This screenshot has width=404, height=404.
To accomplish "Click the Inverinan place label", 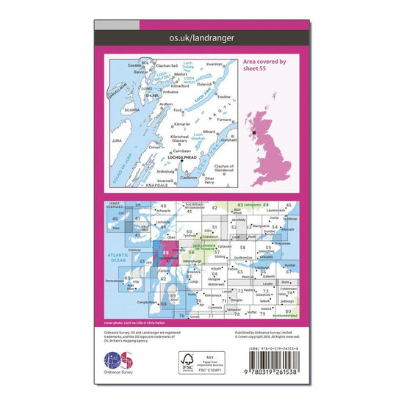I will tap(214, 64).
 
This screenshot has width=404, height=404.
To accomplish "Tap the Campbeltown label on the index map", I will tap(145, 301).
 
